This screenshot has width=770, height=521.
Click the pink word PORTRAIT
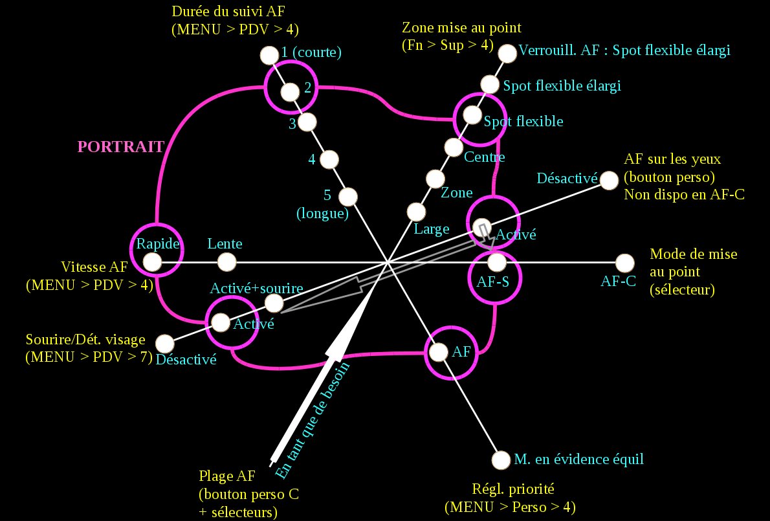[x=120, y=147]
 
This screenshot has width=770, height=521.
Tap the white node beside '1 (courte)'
[x=268, y=55]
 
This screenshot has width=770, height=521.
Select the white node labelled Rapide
[x=152, y=262]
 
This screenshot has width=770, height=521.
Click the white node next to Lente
[x=226, y=262]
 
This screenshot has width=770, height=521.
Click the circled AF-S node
[x=496, y=262]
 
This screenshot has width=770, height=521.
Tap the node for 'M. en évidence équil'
[x=501, y=460]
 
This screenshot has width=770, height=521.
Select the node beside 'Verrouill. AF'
[x=509, y=53]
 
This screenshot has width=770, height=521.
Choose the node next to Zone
[x=435, y=178]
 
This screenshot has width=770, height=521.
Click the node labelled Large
[x=416, y=211]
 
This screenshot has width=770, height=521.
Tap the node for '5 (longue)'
[x=349, y=195]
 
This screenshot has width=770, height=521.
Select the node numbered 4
[x=329, y=159]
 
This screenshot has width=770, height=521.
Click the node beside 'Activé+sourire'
[x=274, y=302]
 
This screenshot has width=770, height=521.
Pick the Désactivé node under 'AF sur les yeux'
[x=608, y=179]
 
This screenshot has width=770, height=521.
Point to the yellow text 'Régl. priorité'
[x=509, y=489]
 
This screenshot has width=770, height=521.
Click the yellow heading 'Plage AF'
[x=228, y=476]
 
